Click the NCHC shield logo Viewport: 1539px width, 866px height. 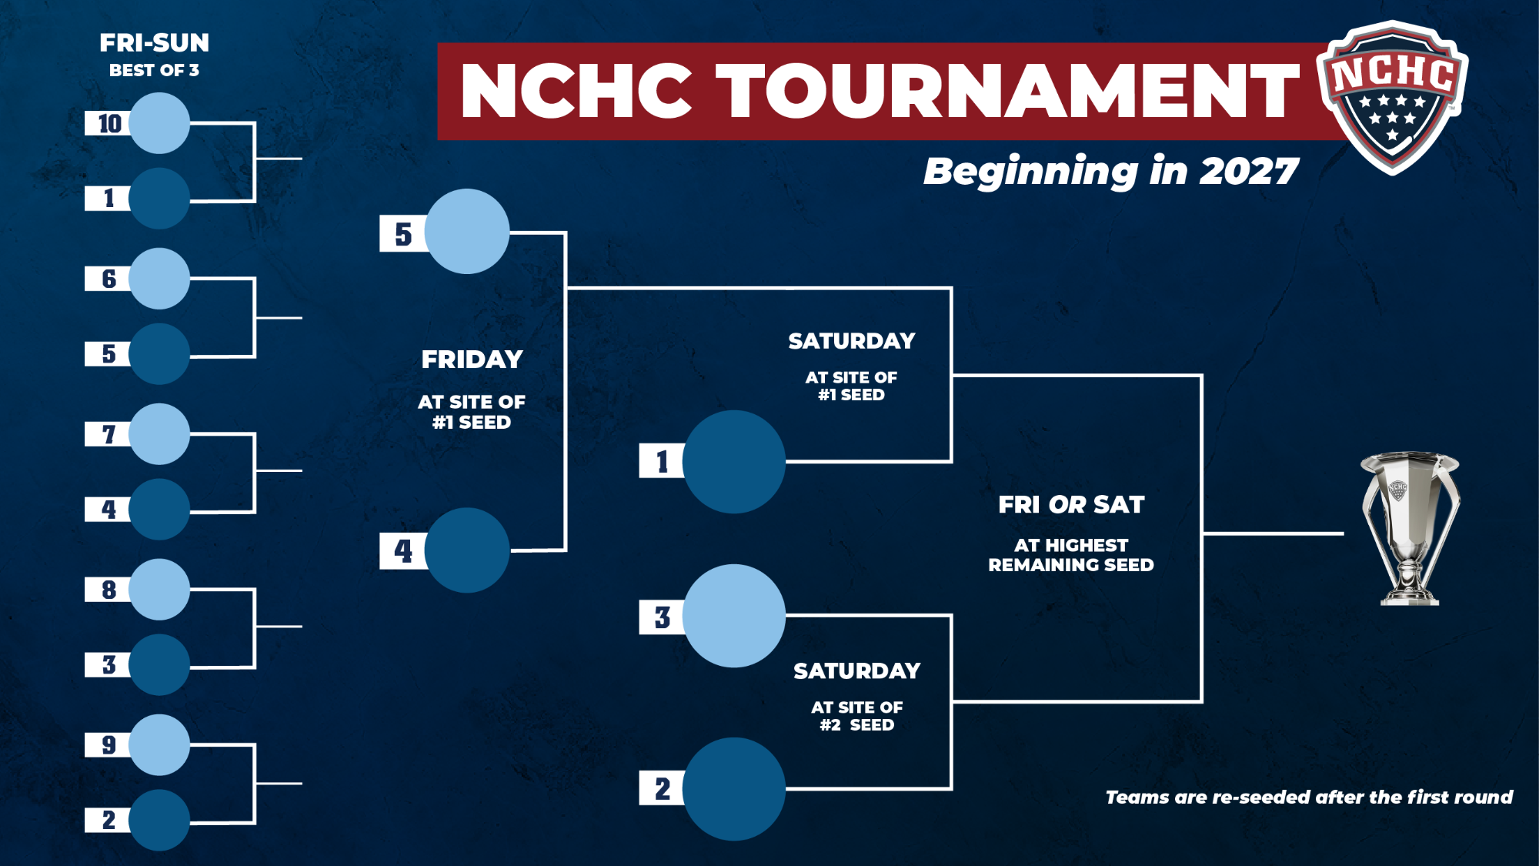click(x=1392, y=97)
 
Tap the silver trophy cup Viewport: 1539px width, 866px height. click(x=1410, y=528)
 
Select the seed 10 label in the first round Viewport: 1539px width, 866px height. click(x=108, y=123)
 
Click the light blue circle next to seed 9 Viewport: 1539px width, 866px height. click(x=159, y=744)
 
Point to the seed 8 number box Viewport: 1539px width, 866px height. click(x=108, y=590)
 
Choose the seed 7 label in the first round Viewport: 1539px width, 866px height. click(x=108, y=434)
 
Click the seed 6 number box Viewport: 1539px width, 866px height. click(x=108, y=279)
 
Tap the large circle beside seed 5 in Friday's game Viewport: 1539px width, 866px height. click(x=467, y=232)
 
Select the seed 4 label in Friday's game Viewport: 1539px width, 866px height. click(x=403, y=550)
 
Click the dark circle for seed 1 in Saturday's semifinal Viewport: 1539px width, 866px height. click(x=734, y=462)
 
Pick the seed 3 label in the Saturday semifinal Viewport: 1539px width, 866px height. click(x=662, y=617)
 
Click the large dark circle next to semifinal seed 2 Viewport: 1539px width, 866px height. click(x=734, y=789)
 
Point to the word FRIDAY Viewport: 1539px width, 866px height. click(x=472, y=359)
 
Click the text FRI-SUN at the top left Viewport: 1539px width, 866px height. click(x=155, y=43)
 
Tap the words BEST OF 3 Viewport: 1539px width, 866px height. click(x=154, y=70)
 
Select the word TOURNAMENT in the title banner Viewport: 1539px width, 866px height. click(x=1007, y=91)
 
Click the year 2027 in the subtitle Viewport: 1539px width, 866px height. click(x=1249, y=171)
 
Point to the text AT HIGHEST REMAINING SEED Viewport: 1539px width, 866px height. click(x=1071, y=555)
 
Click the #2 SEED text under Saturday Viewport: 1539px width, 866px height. click(x=857, y=725)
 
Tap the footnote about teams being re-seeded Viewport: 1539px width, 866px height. click(x=1309, y=797)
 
